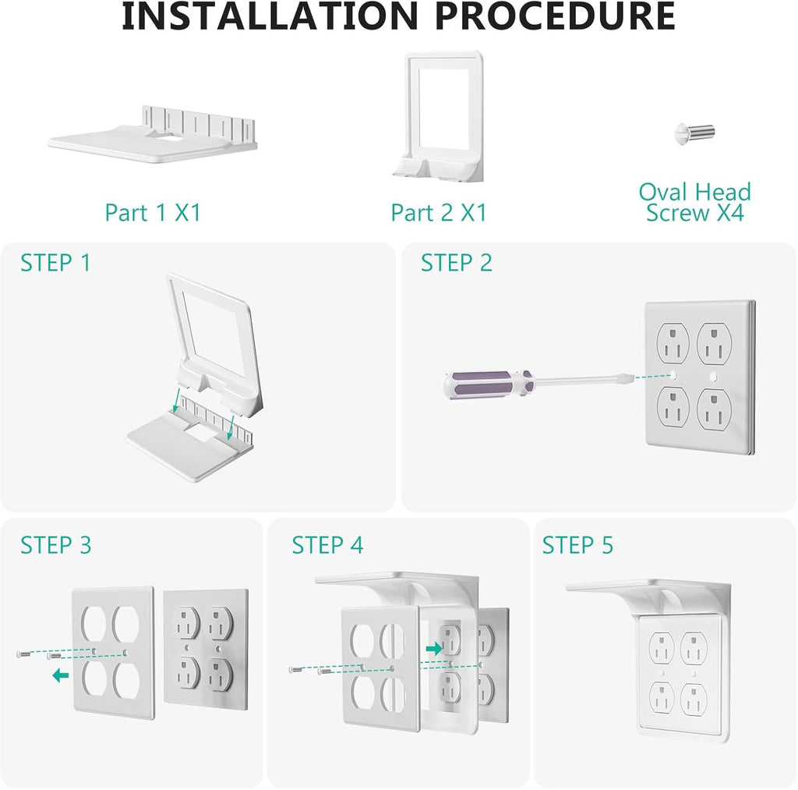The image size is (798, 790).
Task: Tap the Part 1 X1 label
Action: pyautogui.click(x=153, y=212)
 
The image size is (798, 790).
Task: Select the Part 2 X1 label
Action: pyautogui.click(x=439, y=212)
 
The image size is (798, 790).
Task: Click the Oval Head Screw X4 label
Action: pyautogui.click(x=694, y=203)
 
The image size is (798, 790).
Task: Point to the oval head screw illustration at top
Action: pyautogui.click(x=694, y=133)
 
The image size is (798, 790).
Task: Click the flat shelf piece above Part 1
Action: pyautogui.click(x=152, y=138)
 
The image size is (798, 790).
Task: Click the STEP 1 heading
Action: pyautogui.click(x=55, y=264)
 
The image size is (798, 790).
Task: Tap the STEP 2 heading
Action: pyautogui.click(x=457, y=264)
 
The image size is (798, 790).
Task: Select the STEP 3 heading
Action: pyautogui.click(x=55, y=545)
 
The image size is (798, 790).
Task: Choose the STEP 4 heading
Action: pyautogui.click(x=327, y=545)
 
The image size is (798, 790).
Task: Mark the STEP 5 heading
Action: pyautogui.click(x=577, y=545)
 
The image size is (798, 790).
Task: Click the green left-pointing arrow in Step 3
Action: pyautogui.click(x=59, y=675)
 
